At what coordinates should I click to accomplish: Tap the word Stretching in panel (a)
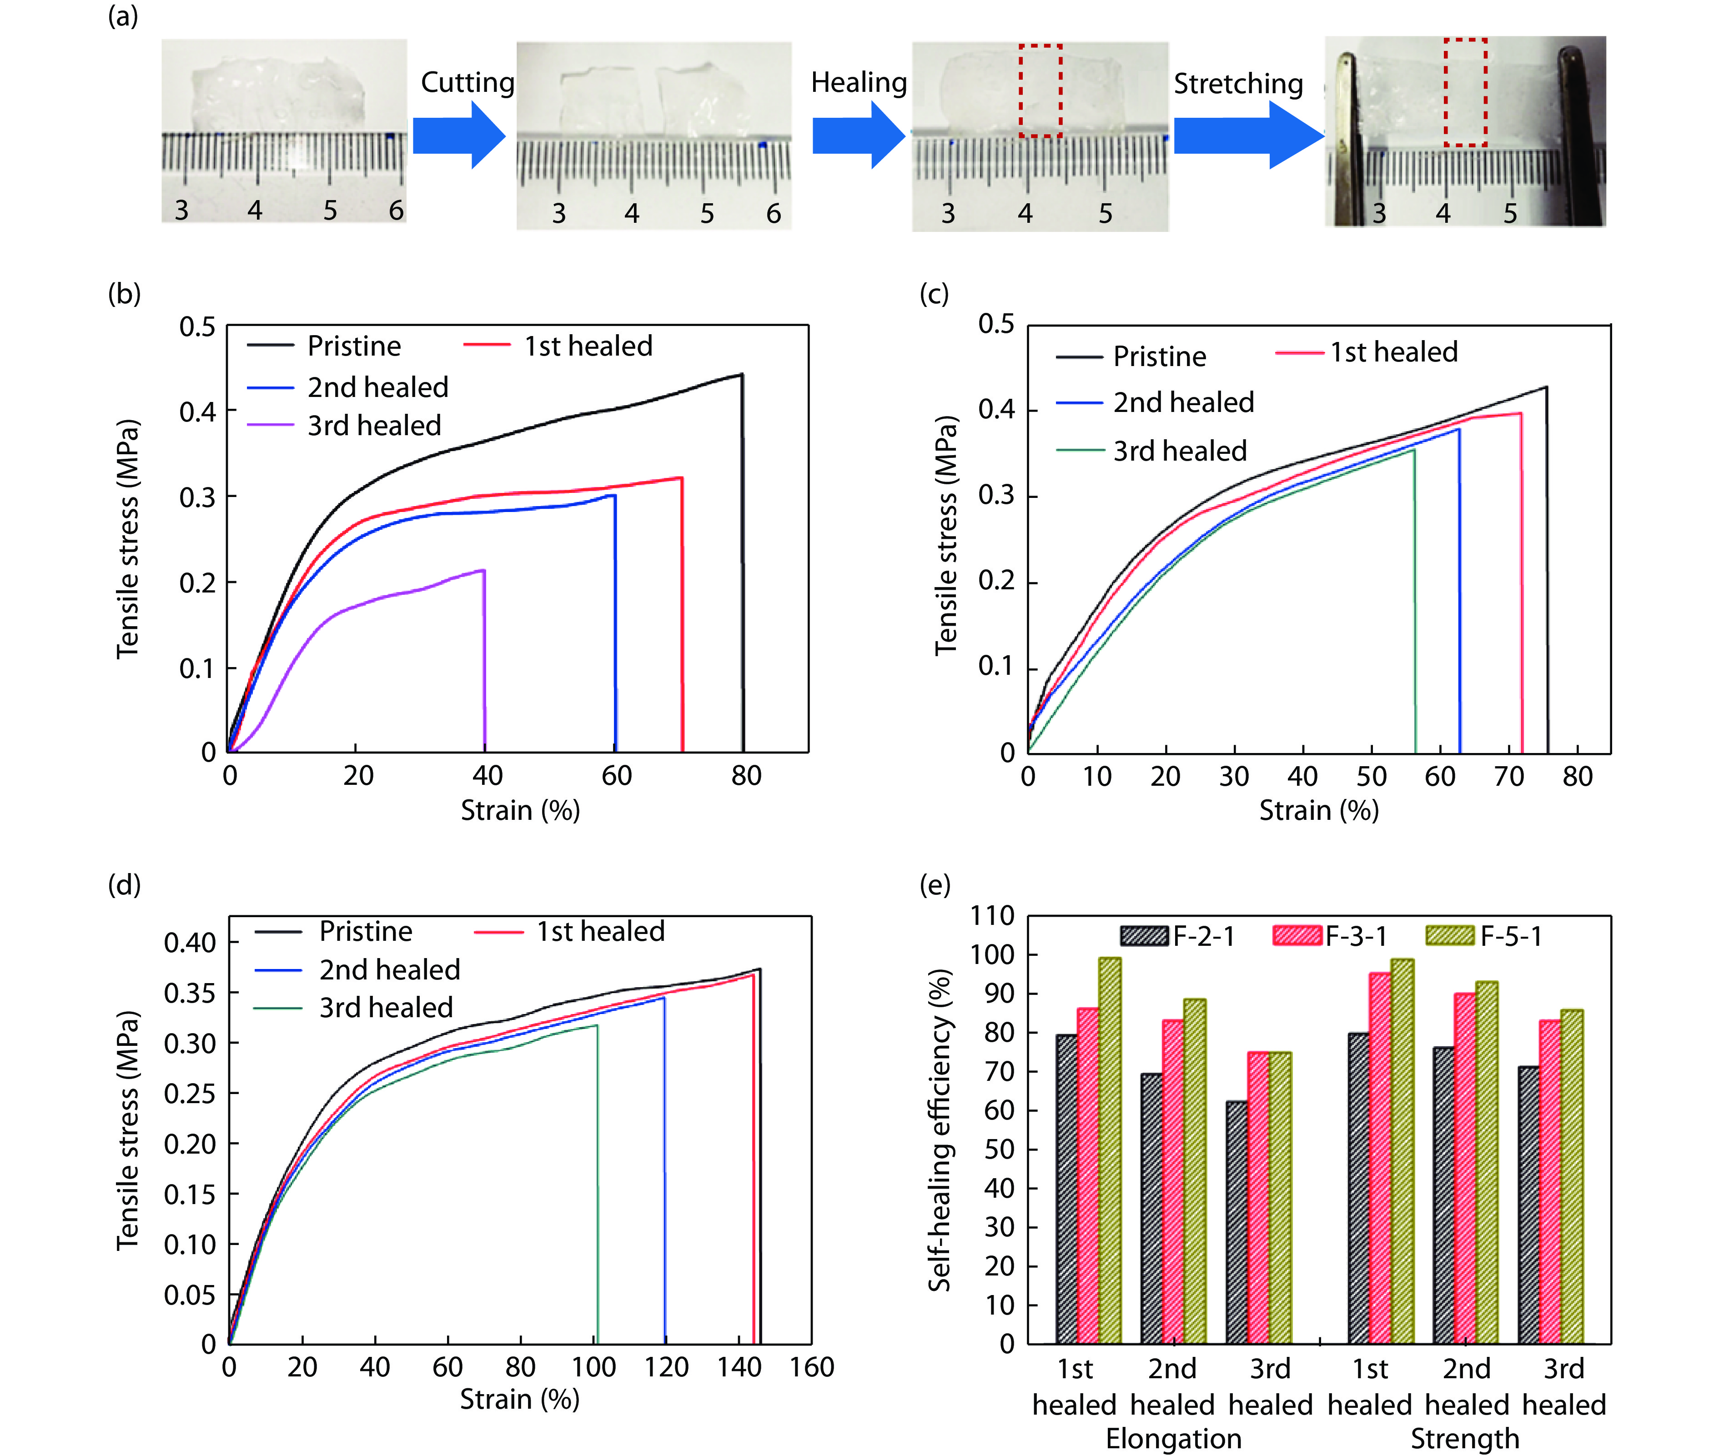(1238, 83)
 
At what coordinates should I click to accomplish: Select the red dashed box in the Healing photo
(1040, 91)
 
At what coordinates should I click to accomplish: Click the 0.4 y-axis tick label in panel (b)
(197, 411)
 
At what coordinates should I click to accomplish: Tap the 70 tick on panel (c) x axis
(1508, 777)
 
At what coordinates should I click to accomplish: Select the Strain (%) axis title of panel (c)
(1318, 811)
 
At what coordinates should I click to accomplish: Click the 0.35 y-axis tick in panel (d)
(190, 993)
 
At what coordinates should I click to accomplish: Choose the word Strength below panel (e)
(1464, 1438)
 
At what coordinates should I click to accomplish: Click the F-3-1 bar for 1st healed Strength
(1380, 1159)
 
